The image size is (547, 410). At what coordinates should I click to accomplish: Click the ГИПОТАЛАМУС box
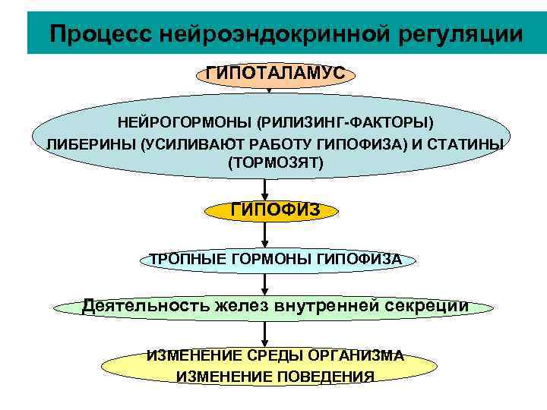[275, 73]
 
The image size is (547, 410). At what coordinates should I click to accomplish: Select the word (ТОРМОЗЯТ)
[275, 162]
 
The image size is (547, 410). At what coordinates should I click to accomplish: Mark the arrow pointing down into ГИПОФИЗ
[264, 189]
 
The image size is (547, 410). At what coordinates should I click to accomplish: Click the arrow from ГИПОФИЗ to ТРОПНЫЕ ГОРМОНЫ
[264, 236]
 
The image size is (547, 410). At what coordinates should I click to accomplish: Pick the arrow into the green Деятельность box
[264, 284]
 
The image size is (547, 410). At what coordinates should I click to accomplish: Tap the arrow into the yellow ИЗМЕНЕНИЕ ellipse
[264, 333]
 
